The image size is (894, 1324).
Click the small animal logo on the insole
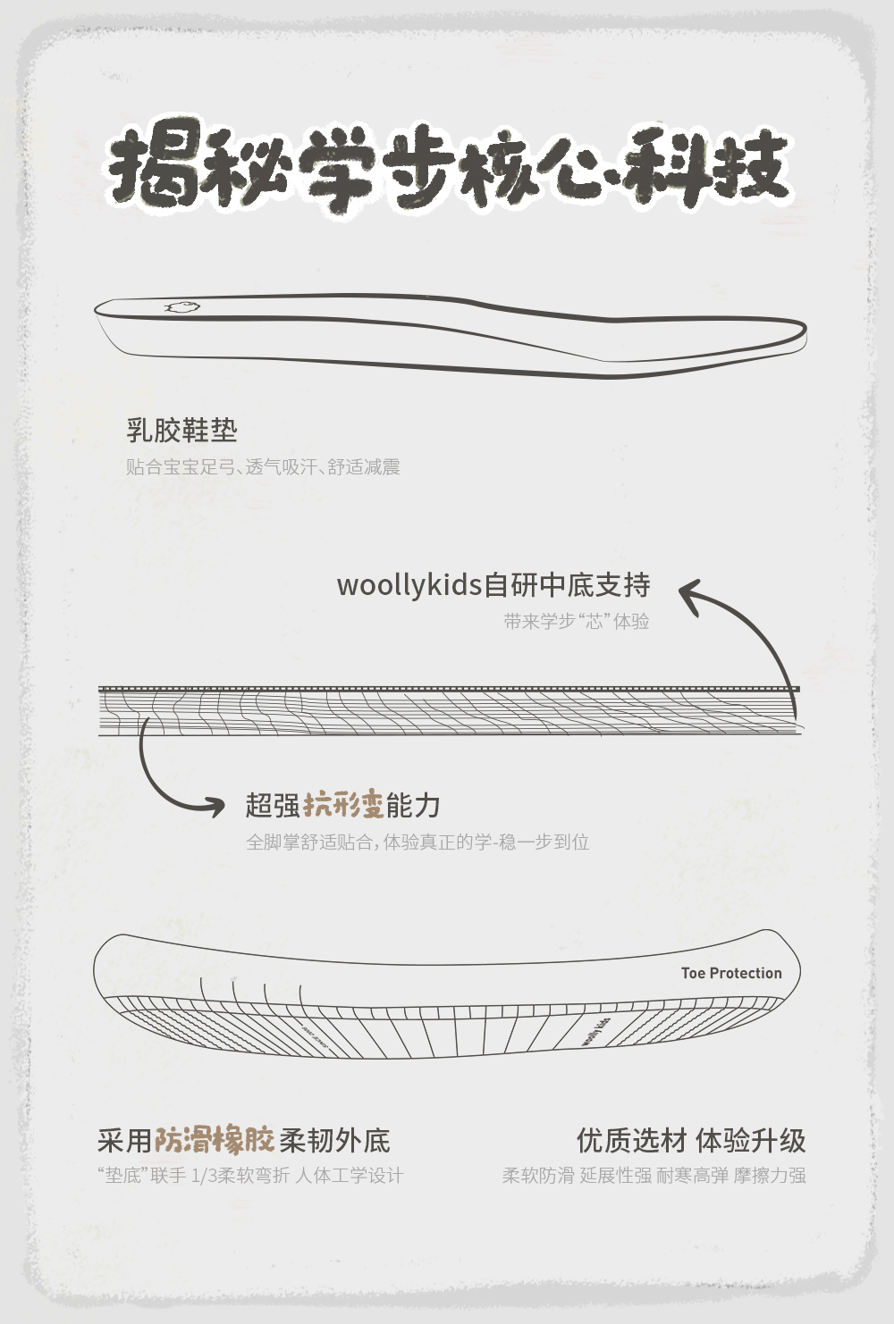pyautogui.click(x=182, y=307)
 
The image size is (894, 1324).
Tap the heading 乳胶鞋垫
pyautogui.click(x=181, y=431)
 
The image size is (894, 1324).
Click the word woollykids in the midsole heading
pyautogui.click(x=409, y=586)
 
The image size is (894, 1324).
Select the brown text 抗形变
pyautogui.click(x=343, y=805)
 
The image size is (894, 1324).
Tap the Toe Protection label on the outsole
pyautogui.click(x=731, y=973)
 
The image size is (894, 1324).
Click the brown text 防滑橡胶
pyautogui.click(x=215, y=1140)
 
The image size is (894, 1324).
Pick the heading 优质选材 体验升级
pyautogui.click(x=691, y=1140)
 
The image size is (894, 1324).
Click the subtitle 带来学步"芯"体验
pyautogui.click(x=576, y=622)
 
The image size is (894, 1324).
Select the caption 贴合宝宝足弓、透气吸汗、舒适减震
pyautogui.click(x=263, y=467)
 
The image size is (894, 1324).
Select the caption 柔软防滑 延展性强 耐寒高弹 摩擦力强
pyautogui.click(x=654, y=1176)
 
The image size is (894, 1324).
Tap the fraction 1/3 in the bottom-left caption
pyautogui.click(x=203, y=1176)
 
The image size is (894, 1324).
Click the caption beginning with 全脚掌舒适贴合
pyautogui.click(x=417, y=842)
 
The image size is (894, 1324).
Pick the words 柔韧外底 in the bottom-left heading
pyautogui.click(x=334, y=1140)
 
